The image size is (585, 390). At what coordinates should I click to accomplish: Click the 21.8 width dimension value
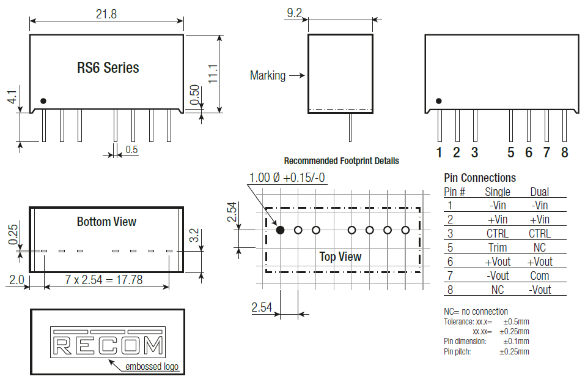(x=106, y=13)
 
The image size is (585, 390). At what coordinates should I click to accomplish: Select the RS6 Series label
(x=108, y=68)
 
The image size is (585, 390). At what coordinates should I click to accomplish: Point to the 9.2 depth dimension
(x=295, y=12)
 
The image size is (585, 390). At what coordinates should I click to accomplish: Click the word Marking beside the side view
(x=268, y=76)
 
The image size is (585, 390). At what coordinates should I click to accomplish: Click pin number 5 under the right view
(x=510, y=152)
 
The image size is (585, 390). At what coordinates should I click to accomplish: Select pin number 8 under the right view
(x=564, y=152)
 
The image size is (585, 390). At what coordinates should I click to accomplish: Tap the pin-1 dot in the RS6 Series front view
(x=43, y=101)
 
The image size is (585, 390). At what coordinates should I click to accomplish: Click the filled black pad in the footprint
(x=280, y=230)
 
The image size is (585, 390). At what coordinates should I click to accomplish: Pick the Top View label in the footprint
(x=340, y=257)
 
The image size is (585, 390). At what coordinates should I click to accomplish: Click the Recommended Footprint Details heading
(x=341, y=161)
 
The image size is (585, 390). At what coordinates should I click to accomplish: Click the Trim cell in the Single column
(x=497, y=248)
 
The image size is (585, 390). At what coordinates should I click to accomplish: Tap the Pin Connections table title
(x=480, y=178)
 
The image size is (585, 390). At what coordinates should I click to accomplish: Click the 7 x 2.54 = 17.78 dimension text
(x=104, y=280)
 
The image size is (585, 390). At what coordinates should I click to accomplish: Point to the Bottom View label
(x=106, y=222)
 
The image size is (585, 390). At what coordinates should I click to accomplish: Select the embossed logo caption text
(x=152, y=367)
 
